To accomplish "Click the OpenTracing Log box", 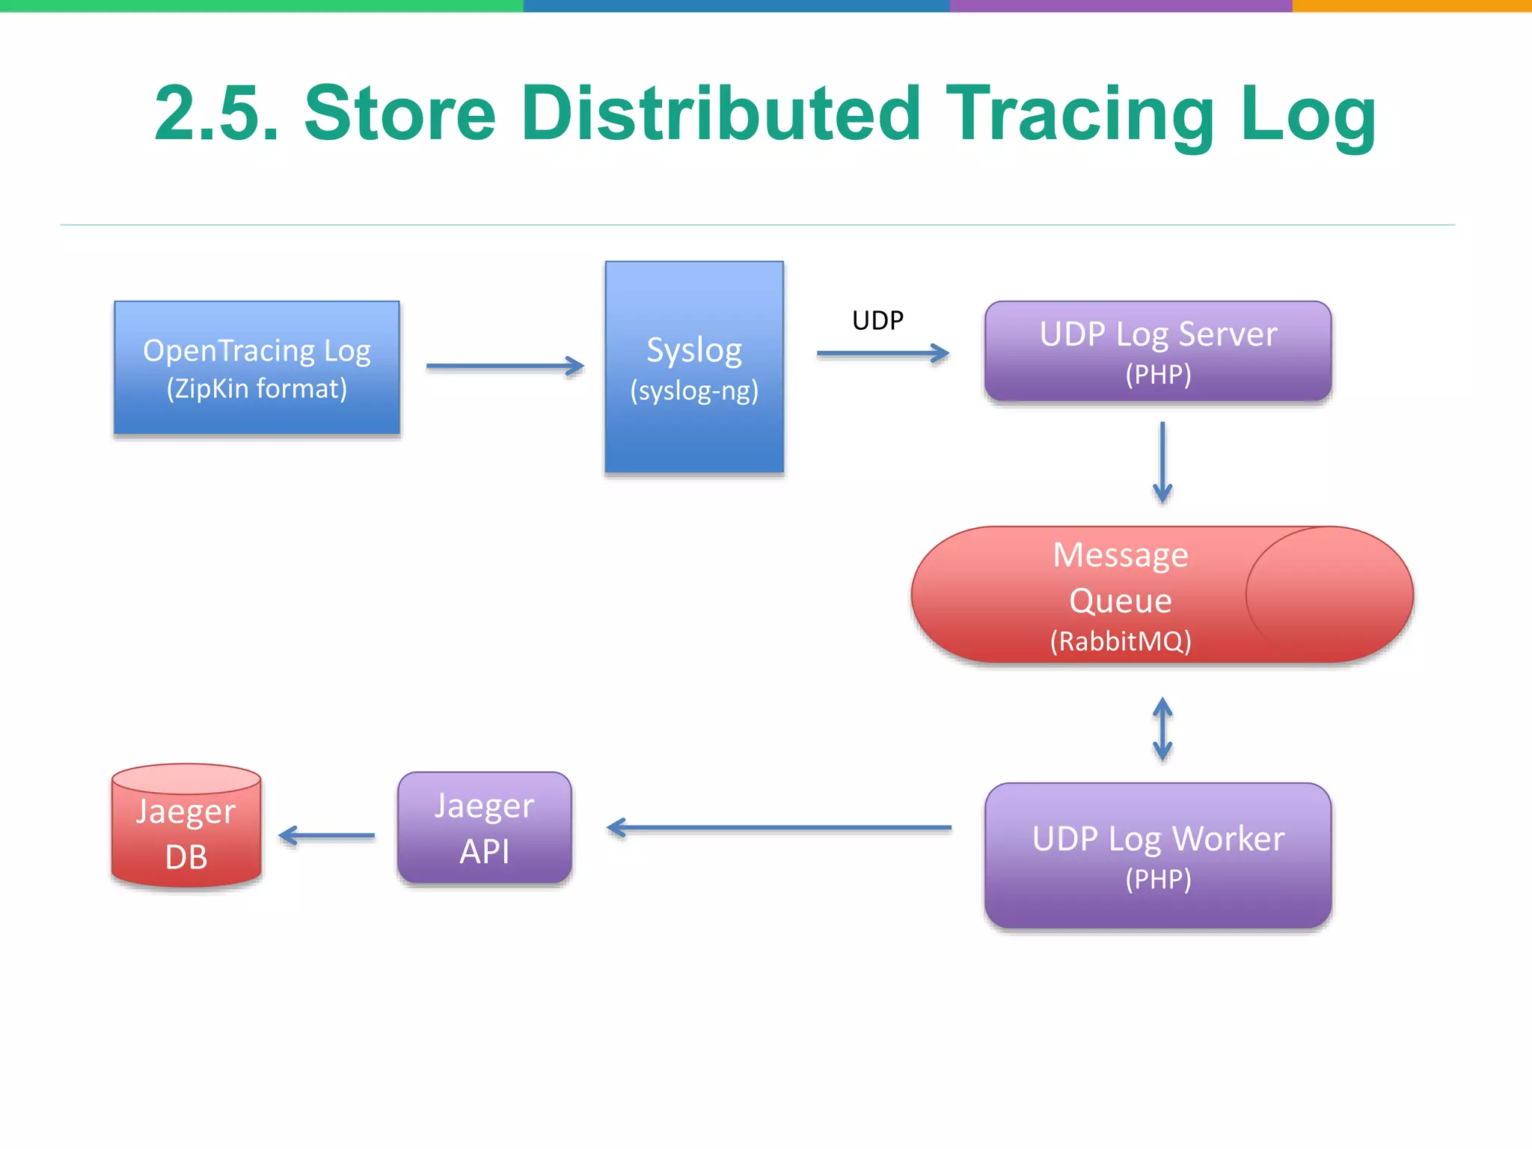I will click(x=257, y=367).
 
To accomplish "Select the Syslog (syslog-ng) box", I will click(x=694, y=367).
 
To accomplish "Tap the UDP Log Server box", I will click(x=1158, y=352).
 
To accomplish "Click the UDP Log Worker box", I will click(x=1158, y=856).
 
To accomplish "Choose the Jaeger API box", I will click(x=485, y=828).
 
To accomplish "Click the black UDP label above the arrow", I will click(x=877, y=321).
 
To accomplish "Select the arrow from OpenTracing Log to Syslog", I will click(x=504, y=366).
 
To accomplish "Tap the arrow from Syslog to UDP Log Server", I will click(x=883, y=353).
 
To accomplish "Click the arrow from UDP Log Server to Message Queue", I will click(x=1162, y=462).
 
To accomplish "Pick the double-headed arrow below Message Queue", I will click(x=1162, y=729).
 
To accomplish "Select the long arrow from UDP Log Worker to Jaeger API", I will click(x=778, y=828).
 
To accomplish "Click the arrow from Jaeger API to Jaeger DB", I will click(x=326, y=836).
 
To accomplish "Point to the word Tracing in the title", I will click(x=1080, y=114).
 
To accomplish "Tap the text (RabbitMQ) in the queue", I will click(x=1121, y=642).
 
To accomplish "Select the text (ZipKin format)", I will click(x=257, y=389).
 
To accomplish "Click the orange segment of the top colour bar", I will click(x=1412, y=5).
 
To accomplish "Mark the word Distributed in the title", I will click(x=721, y=114).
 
